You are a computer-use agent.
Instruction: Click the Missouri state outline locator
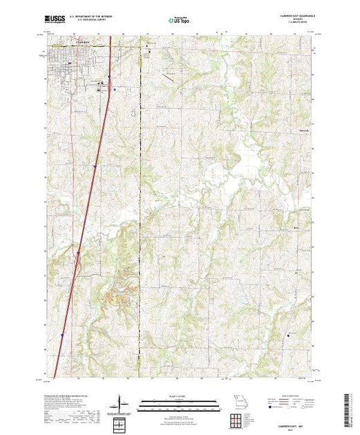tap(238, 400)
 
